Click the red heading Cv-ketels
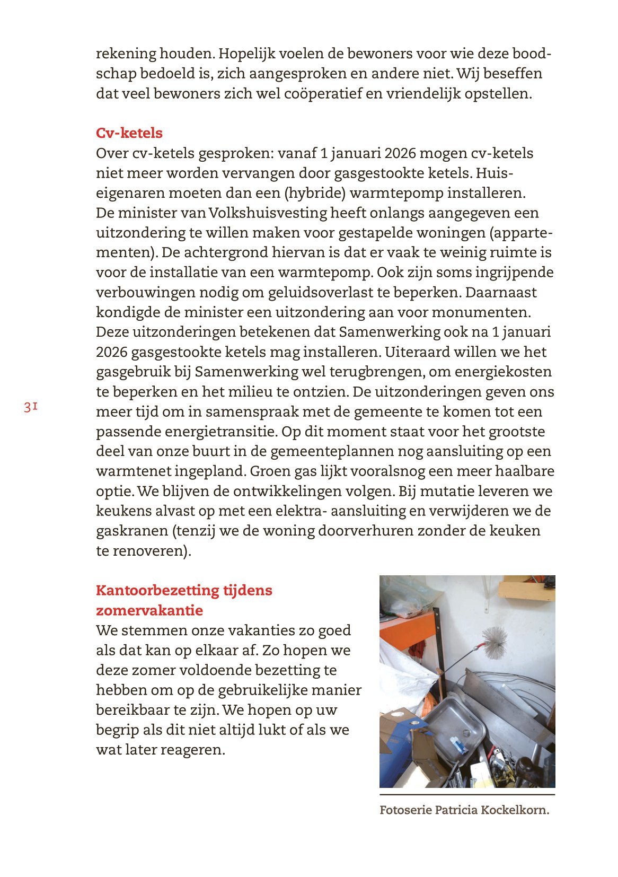[x=129, y=133]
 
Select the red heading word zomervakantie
[x=149, y=610]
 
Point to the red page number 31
[x=30, y=407]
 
